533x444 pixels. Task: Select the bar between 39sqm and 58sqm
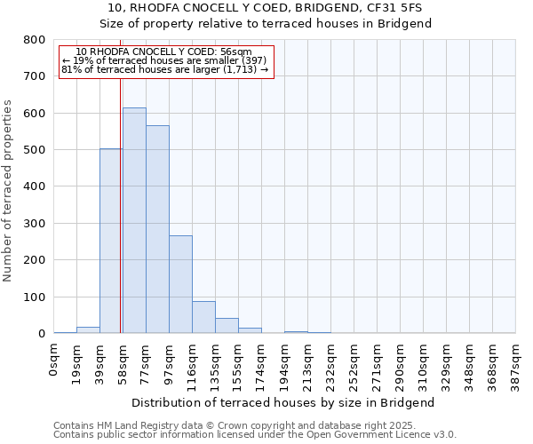tap(111, 241)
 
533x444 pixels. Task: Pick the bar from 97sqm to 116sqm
tap(180, 284)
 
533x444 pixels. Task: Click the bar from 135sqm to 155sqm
tap(227, 325)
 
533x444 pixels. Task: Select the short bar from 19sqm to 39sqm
tap(88, 329)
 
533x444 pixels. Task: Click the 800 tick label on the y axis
tap(35, 40)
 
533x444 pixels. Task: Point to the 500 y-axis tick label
tap(35, 150)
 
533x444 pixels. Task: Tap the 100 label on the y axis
tap(35, 297)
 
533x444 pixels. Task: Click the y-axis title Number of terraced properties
tap(9, 191)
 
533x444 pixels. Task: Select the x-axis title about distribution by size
tap(284, 402)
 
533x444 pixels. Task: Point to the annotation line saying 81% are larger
tap(164, 69)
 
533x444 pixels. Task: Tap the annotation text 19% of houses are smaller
tap(164, 60)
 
